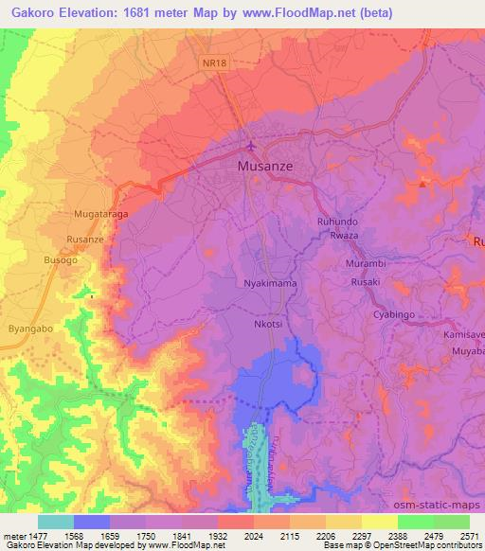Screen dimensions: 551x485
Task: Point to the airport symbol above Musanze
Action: [250, 147]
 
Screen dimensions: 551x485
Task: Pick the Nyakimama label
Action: [271, 283]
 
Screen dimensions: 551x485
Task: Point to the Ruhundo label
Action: [336, 221]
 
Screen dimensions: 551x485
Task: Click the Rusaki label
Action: [365, 281]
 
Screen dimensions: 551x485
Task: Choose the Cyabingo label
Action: [394, 314]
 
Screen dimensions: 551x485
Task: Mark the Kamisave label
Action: [463, 335]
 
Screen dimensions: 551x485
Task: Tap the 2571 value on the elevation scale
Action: [469, 536]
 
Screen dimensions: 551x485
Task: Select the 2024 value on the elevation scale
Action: [235, 536]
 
